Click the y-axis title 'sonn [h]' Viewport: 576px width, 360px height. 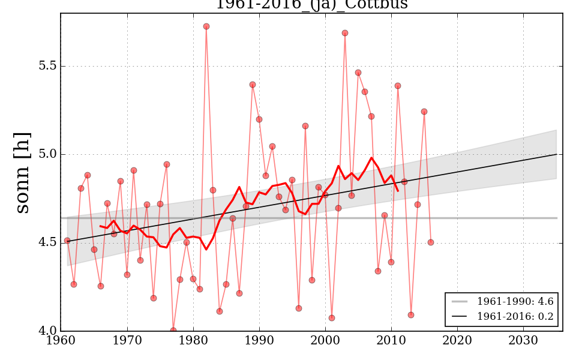pyautogui.click(x=22, y=172)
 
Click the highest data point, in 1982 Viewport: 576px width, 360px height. pyautogui.click(x=206, y=26)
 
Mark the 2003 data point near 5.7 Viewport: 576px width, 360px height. pyautogui.click(x=345, y=33)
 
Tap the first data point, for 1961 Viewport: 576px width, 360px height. pyautogui.click(x=67, y=241)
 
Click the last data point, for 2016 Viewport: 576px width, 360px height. pyautogui.click(x=431, y=242)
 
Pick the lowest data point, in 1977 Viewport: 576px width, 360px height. pyautogui.click(x=173, y=331)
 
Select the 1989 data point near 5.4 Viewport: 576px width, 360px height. pyautogui.click(x=253, y=85)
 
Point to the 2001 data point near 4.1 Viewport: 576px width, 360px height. pyautogui.click(x=332, y=318)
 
